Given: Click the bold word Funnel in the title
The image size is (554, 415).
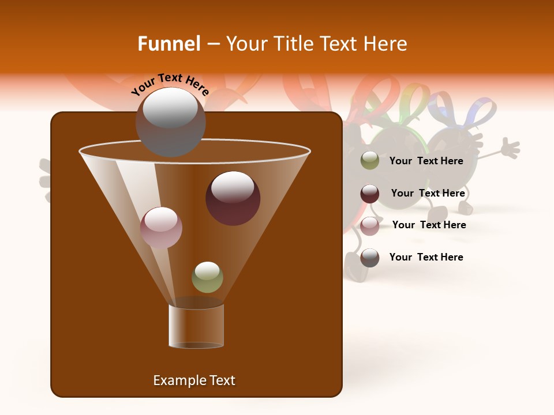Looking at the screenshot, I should click(169, 44).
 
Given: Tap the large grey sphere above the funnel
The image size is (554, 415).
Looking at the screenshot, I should click(170, 122).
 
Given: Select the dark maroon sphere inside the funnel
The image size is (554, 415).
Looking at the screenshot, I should click(233, 198).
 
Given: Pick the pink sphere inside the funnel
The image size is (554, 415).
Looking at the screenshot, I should click(161, 227).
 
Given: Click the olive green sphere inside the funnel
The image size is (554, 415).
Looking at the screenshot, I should click(207, 277).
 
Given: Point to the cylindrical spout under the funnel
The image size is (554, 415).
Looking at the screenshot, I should click(196, 326).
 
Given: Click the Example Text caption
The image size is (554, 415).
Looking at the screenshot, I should click(194, 380).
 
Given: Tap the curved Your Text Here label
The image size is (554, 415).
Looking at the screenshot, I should click(170, 85).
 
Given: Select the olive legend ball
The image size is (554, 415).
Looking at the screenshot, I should click(369, 160).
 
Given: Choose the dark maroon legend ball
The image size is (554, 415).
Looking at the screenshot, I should click(369, 194).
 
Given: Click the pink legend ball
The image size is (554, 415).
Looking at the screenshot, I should click(369, 225).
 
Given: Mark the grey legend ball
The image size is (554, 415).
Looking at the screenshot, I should click(369, 258).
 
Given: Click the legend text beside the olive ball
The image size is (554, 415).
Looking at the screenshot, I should click(426, 161).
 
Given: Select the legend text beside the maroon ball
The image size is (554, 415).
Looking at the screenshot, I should click(428, 193).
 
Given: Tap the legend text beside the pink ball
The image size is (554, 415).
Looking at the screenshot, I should click(429, 225).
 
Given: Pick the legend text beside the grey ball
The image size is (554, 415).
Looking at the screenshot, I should click(426, 257).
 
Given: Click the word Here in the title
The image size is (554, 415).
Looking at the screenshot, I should click(383, 44).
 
